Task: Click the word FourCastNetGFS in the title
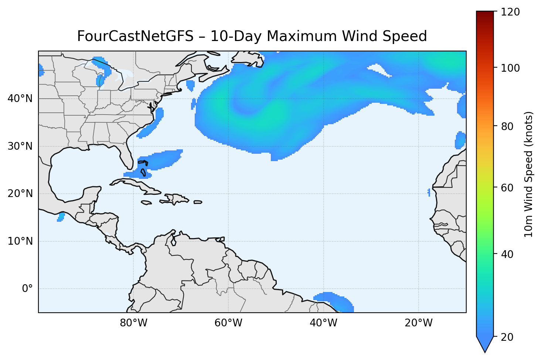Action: [135, 37]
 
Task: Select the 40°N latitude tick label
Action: [20, 99]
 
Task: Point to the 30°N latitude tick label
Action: [20, 146]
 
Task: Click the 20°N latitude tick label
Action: [20, 194]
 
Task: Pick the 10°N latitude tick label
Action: [20, 241]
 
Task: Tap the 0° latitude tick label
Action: [27, 289]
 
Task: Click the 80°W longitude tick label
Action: [133, 323]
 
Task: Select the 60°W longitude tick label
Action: [228, 323]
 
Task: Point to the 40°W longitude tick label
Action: [323, 323]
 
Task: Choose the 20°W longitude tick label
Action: [418, 323]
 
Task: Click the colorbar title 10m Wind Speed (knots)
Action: [529, 174]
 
